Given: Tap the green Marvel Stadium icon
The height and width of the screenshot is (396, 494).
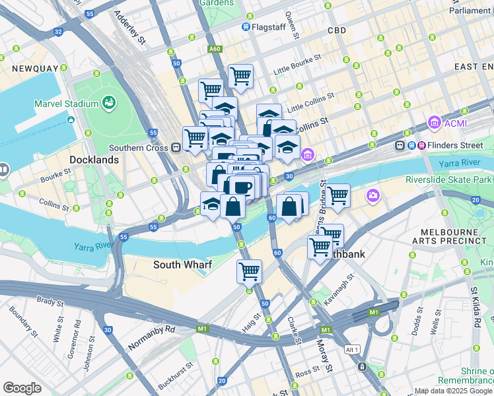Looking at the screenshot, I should pyautogui.click(x=109, y=103).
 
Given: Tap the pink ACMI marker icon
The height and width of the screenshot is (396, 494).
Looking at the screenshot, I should pyautogui.click(x=434, y=122).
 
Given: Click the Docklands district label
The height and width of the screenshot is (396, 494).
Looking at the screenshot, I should pyautogui.click(x=94, y=160).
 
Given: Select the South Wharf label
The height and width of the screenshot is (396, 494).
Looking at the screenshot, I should pyautogui.click(x=182, y=265).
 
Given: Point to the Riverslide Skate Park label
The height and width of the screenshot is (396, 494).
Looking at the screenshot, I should pyautogui.click(x=449, y=180).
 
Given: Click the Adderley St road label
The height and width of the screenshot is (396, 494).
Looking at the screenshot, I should pyautogui.click(x=131, y=27).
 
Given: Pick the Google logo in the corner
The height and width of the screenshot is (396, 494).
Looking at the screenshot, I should pyautogui.click(x=22, y=387).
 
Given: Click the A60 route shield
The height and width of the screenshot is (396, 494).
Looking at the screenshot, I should pyautogui.click(x=214, y=49).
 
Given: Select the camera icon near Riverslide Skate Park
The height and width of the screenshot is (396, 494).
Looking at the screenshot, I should pyautogui.click(x=373, y=195).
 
